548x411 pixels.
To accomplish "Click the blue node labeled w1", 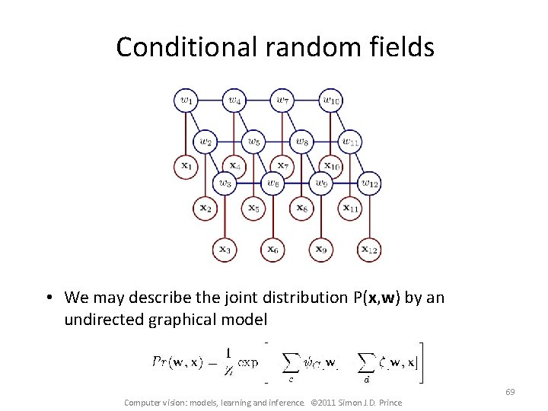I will (x=186, y=100).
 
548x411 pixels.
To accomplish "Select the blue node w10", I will (x=330, y=100).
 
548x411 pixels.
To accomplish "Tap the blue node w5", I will (x=253, y=141).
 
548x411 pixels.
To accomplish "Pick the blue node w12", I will (x=369, y=183).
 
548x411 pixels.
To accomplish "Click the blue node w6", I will (x=272, y=183).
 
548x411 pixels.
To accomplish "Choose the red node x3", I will (x=225, y=248).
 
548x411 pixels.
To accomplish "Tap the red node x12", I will (x=369, y=248).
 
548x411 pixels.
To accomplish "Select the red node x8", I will (x=301, y=206).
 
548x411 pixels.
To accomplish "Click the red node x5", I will (x=253, y=206).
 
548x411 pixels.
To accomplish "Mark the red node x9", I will (x=321, y=248).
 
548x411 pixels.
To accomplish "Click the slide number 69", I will (x=510, y=392).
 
